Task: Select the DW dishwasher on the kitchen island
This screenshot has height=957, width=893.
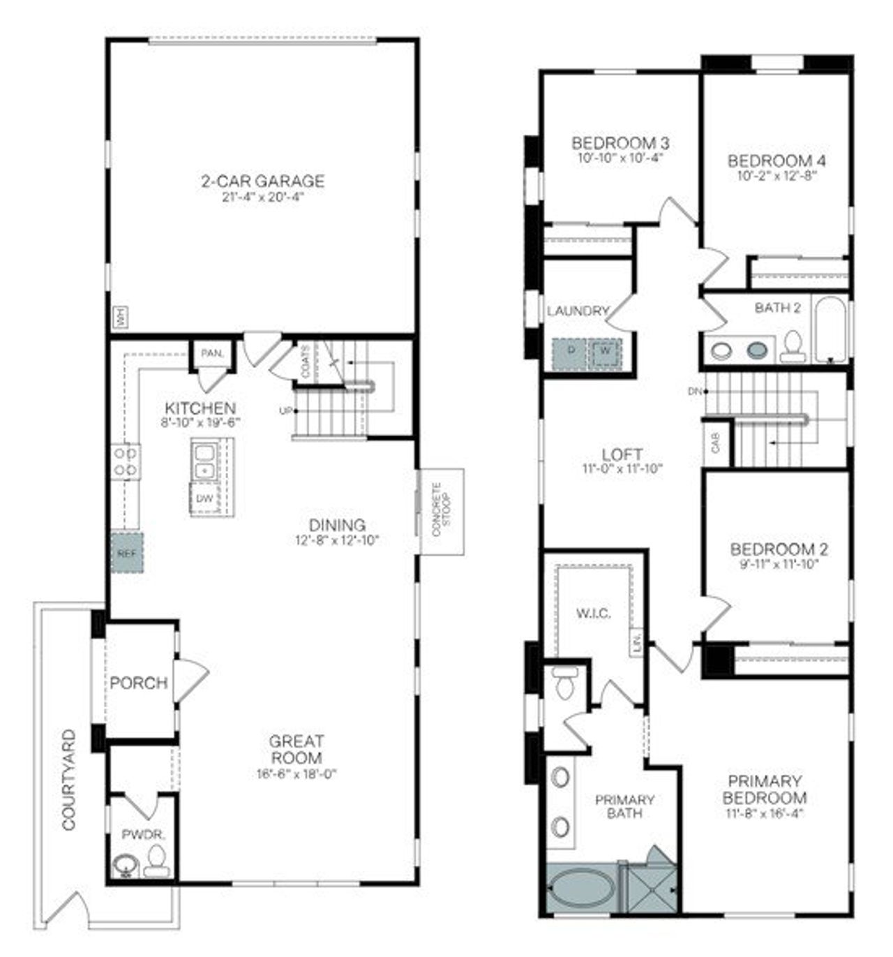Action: point(204,498)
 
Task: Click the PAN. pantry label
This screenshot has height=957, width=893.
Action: point(211,354)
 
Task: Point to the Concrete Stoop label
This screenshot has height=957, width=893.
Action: point(442,510)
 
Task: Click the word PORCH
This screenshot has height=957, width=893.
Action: point(139,683)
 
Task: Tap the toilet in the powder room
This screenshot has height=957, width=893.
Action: point(158,862)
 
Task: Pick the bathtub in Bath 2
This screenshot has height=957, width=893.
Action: point(830,329)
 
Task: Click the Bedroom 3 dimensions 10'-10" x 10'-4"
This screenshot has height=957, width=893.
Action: point(620,158)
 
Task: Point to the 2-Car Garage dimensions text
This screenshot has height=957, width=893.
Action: point(262,196)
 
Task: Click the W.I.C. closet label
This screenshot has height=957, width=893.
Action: point(594,614)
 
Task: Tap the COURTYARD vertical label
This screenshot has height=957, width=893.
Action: point(69,780)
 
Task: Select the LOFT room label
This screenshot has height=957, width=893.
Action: point(622,454)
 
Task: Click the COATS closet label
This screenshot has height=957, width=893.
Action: point(305,362)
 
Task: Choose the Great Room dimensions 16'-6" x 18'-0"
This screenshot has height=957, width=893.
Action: point(297,773)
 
